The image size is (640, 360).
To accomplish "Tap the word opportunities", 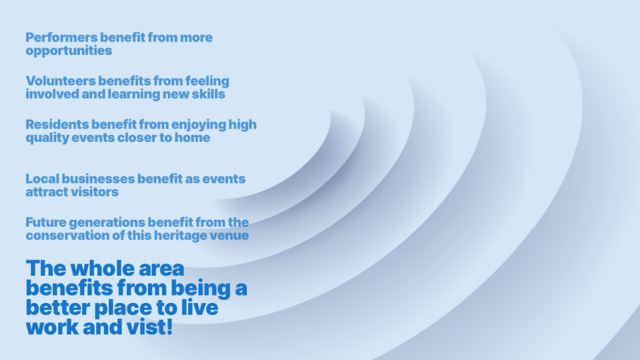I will pos(69,51).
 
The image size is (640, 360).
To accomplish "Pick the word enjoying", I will pos(198,125).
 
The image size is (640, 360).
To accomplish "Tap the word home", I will pos(194,138).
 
